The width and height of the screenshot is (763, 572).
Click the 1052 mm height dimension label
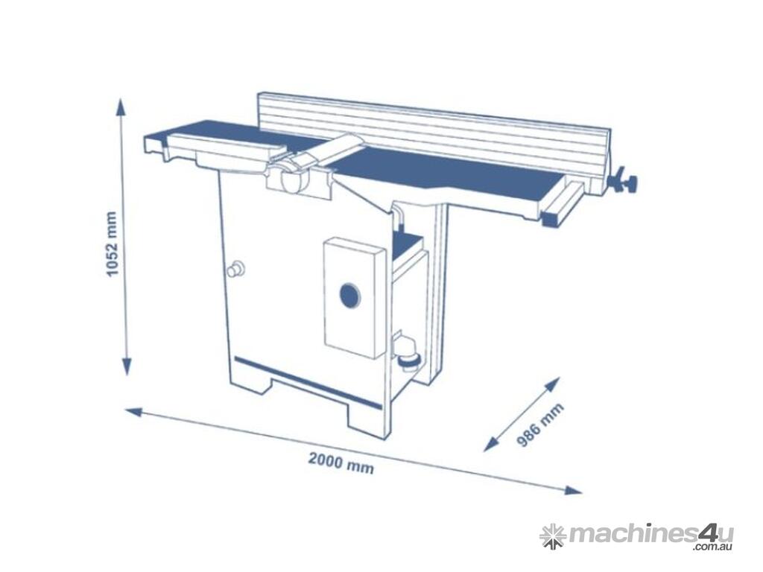(x=113, y=244)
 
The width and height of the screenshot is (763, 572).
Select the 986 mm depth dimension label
(x=539, y=424)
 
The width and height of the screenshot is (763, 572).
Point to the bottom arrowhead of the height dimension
(x=127, y=365)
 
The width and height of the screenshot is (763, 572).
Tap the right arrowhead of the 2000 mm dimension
(x=572, y=489)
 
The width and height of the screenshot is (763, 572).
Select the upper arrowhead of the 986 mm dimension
(x=552, y=384)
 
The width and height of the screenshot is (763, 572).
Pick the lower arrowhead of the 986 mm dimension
(x=493, y=444)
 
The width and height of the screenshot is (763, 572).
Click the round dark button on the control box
(x=349, y=295)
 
